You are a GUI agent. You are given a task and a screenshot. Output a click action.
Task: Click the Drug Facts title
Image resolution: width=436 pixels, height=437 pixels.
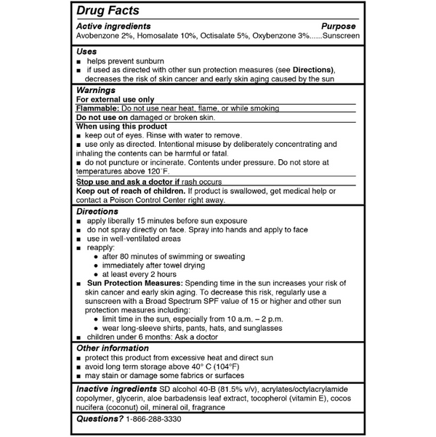point(108,12)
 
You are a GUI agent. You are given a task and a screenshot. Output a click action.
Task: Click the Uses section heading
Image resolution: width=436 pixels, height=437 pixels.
point(86,51)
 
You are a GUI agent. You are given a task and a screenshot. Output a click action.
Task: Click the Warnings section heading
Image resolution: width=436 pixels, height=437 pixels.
point(96,89)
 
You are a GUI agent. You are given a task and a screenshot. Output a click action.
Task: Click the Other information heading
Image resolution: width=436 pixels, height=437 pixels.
point(112,348)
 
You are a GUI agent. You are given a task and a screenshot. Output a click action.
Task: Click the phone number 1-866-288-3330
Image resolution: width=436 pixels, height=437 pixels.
point(153,420)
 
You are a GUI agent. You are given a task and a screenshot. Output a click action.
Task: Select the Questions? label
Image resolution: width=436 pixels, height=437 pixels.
point(99,420)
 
